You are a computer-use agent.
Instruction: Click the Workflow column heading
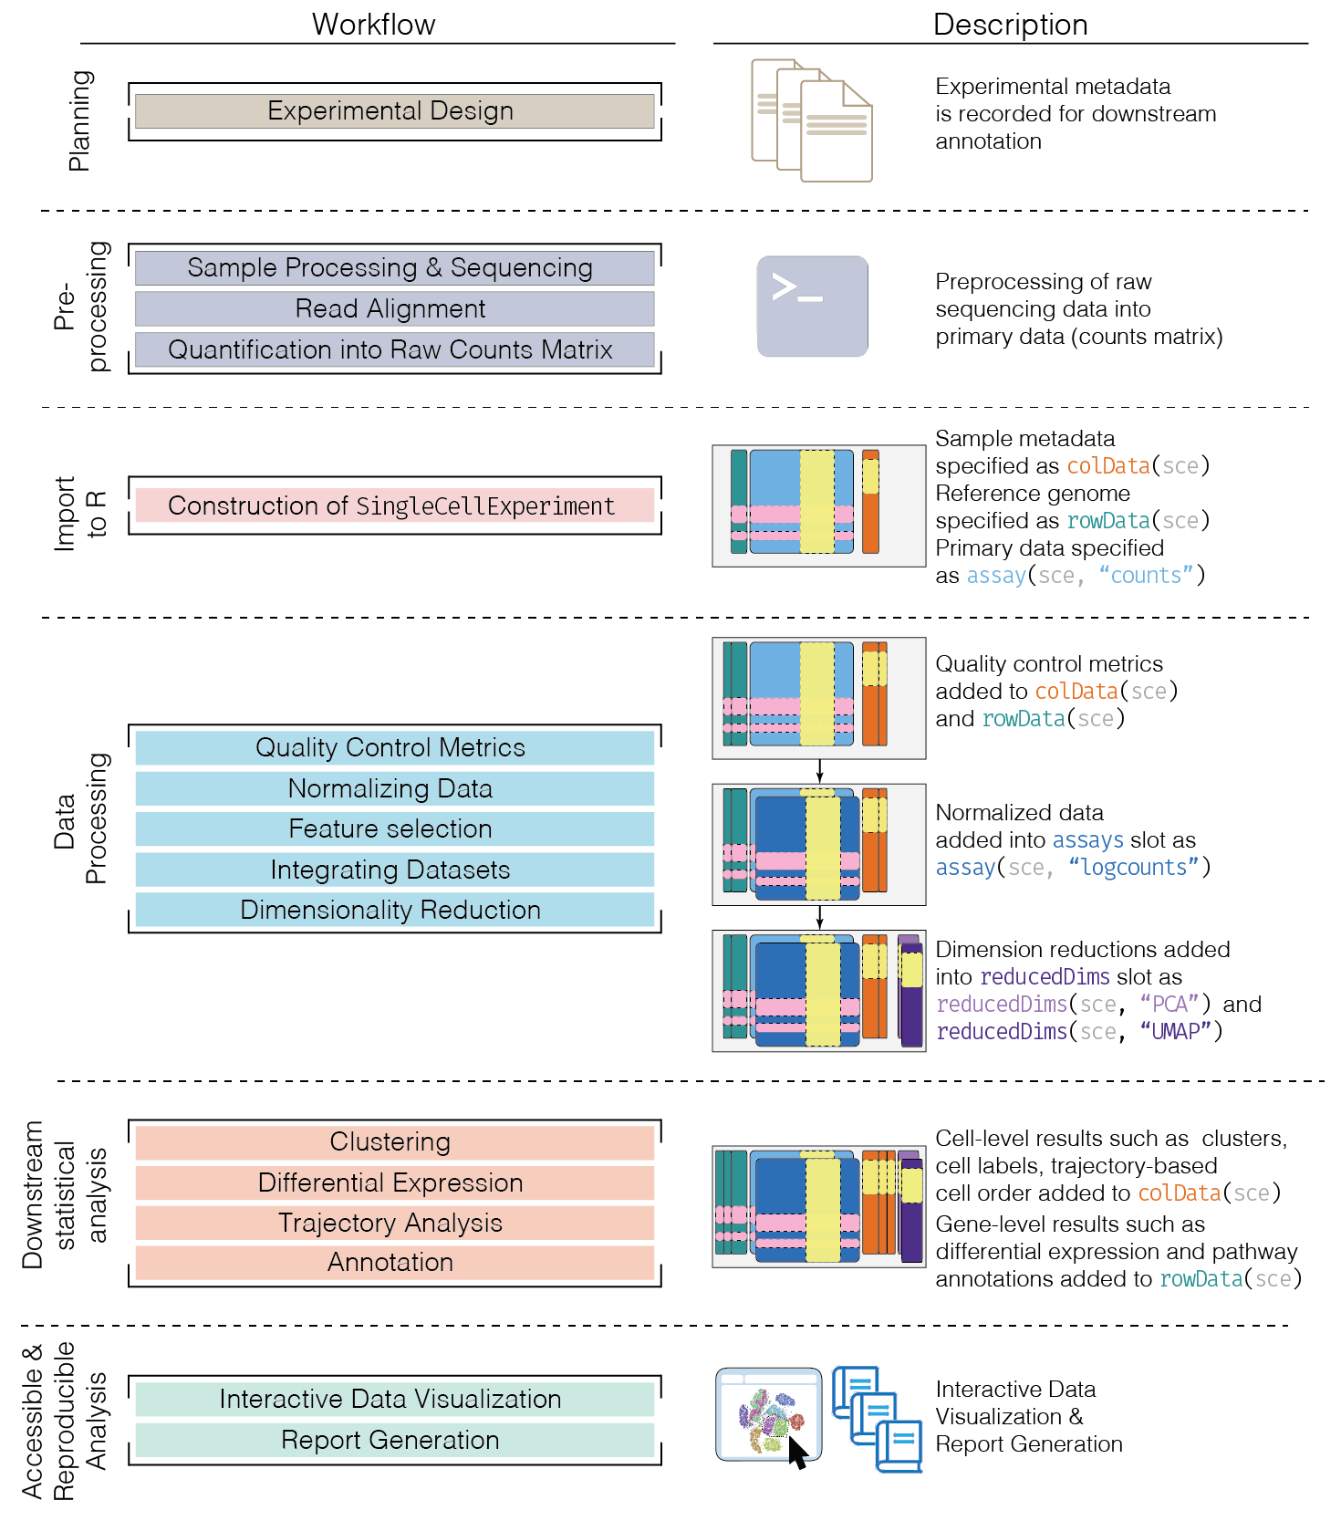click(373, 25)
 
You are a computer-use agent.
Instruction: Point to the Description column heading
click(1010, 25)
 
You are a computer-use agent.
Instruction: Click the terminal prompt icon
click(812, 306)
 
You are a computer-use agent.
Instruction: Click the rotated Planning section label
click(80, 120)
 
